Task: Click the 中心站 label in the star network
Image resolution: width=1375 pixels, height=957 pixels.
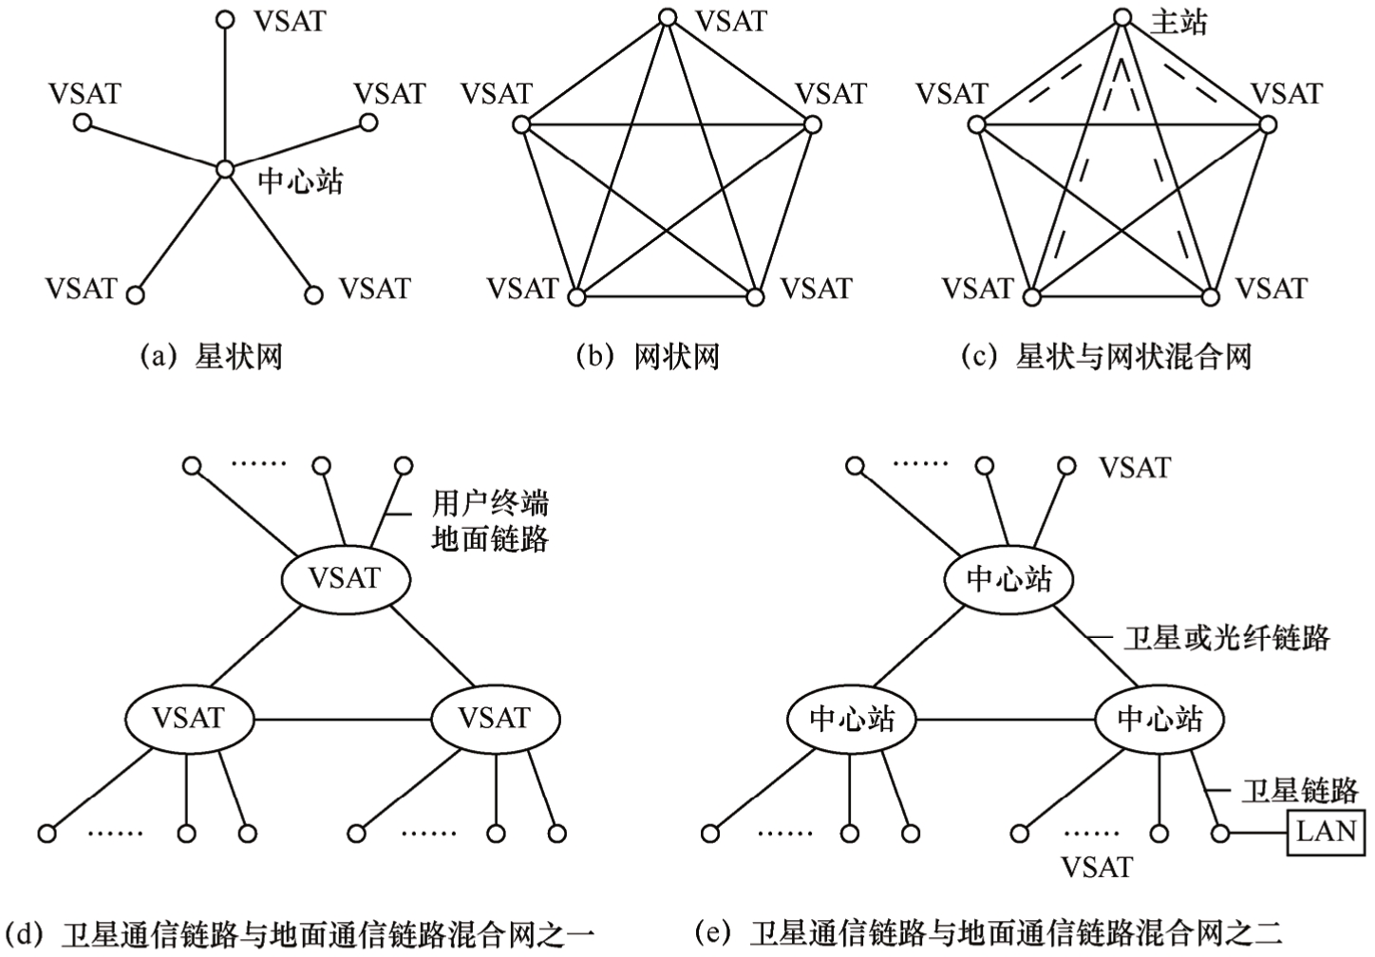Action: (x=300, y=181)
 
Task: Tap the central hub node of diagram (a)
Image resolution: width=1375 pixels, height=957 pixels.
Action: (x=224, y=169)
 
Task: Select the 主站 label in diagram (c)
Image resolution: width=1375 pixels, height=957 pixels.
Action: (x=1178, y=23)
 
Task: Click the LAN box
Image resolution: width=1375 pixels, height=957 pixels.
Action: (x=1327, y=832)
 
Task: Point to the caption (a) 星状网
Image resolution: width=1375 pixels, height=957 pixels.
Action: (x=211, y=357)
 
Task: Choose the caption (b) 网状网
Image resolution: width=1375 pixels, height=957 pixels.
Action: (x=649, y=357)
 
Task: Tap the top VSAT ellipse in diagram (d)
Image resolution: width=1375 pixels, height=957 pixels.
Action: (x=345, y=578)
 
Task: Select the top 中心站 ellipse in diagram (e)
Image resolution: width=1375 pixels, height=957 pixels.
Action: (x=1008, y=578)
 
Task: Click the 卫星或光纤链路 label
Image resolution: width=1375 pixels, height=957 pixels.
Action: (x=1226, y=638)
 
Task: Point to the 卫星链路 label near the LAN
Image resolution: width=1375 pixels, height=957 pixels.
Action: (x=1299, y=790)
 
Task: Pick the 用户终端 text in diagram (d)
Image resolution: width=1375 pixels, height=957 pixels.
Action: (x=490, y=503)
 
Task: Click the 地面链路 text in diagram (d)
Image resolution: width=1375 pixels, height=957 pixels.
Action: (x=490, y=539)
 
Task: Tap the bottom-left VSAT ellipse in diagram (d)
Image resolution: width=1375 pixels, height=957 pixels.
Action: (x=189, y=718)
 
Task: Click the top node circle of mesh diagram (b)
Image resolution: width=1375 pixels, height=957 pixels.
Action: (x=668, y=17)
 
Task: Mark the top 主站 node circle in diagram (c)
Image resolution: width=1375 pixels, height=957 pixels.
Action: (x=1122, y=17)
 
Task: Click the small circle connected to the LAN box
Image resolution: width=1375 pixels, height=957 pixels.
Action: (x=1221, y=834)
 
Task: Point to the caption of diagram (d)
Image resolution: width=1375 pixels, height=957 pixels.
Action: (x=300, y=933)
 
